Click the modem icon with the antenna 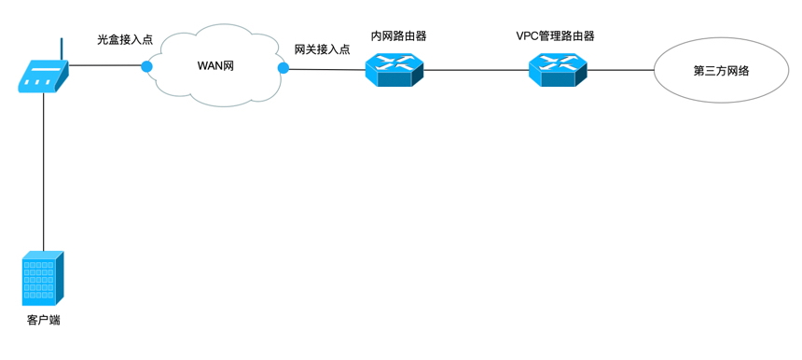pyautogui.click(x=43, y=76)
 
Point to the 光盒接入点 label pyautogui.click(x=125, y=41)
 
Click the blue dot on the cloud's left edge pyautogui.click(x=146, y=66)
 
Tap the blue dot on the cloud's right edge pyautogui.click(x=283, y=68)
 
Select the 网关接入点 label pyautogui.click(x=322, y=49)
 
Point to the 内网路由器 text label pyautogui.click(x=398, y=36)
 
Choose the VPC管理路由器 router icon pyautogui.click(x=557, y=69)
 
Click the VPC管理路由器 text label pyautogui.click(x=556, y=36)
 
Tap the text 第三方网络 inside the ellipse pyautogui.click(x=721, y=71)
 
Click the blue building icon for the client pyautogui.click(x=43, y=278)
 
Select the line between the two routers pyautogui.click(x=476, y=69)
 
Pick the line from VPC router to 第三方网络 pyautogui.click(x=620, y=70)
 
